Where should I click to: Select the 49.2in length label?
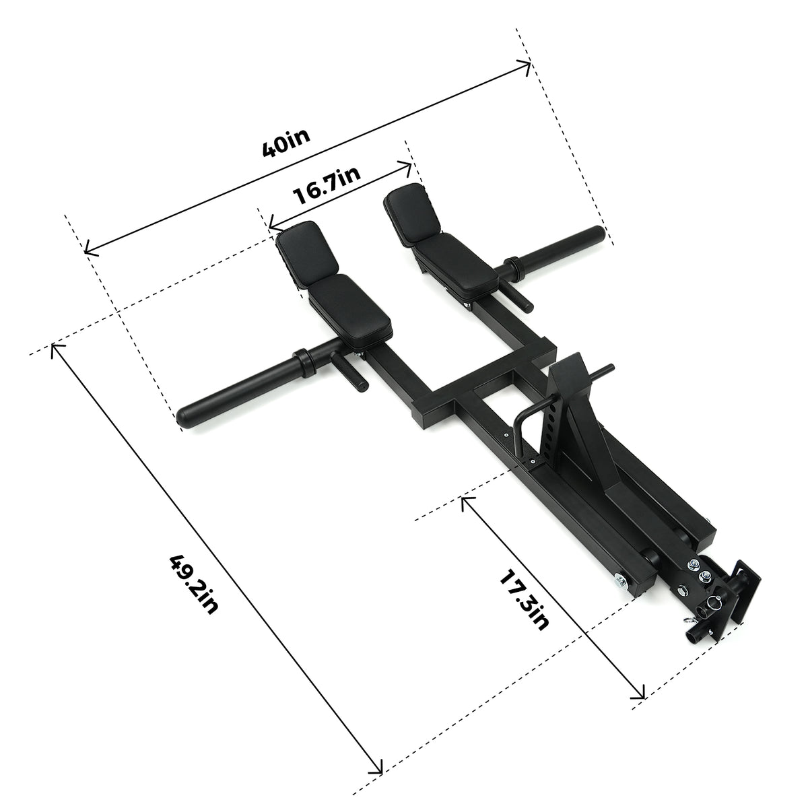coord(194,583)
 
